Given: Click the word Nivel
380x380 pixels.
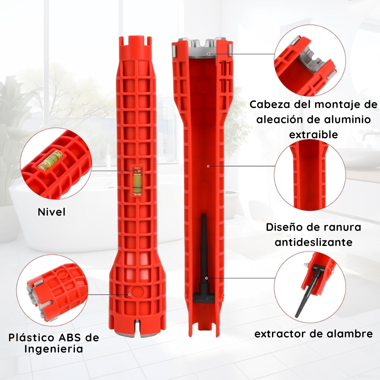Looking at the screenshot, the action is (x=52, y=212).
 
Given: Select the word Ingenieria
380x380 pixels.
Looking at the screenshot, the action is (x=54, y=349).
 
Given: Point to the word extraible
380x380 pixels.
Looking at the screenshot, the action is (x=313, y=134).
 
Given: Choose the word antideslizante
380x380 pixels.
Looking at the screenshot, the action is (x=313, y=242).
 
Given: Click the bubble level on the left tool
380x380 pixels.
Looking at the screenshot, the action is (x=138, y=181).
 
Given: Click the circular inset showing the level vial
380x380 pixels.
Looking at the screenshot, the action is (x=56, y=164).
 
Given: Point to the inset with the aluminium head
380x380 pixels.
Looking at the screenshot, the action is (x=310, y=61).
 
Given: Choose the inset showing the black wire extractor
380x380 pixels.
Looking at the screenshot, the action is (x=310, y=287).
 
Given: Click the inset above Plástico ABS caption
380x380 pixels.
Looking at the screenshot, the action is (x=52, y=290).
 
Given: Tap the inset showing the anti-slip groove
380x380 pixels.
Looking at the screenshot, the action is (x=310, y=175).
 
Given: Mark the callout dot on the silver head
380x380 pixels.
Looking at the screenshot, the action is (x=208, y=54).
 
